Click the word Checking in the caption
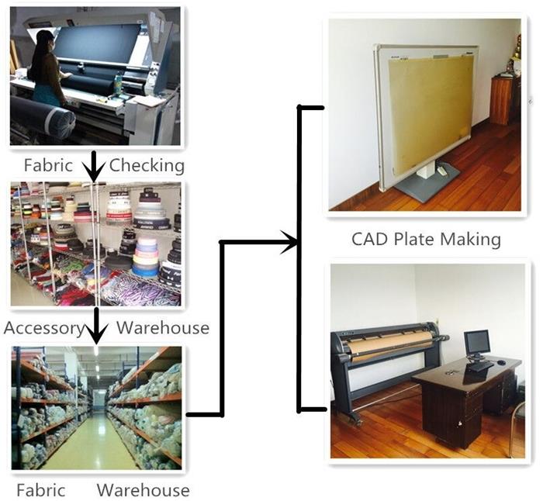click(x=147, y=165)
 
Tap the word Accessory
click(x=44, y=328)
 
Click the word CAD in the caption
click(x=369, y=239)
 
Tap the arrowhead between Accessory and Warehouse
click(x=96, y=334)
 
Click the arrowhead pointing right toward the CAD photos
click(x=289, y=242)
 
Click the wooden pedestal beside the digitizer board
click(x=501, y=100)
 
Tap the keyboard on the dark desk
click(x=480, y=366)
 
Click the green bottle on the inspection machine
click(x=118, y=83)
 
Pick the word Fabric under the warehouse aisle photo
click(x=41, y=490)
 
